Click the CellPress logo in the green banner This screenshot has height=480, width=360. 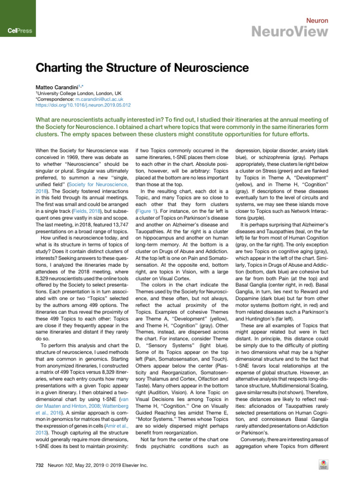point(19,31)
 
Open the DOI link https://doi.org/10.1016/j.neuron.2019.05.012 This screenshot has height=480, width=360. point(83,105)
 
